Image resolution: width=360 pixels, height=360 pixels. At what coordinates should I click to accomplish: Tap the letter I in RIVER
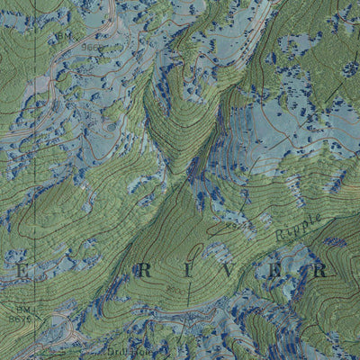188,269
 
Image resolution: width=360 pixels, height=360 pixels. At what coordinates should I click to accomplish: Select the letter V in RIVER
231,269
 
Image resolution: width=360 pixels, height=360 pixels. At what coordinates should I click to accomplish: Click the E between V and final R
275,269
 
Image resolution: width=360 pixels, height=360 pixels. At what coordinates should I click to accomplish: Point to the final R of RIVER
319,269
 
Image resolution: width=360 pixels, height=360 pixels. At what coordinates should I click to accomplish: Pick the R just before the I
144,269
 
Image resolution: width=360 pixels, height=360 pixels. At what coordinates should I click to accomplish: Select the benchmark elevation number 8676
19,319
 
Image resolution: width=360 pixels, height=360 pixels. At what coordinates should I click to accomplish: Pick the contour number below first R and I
172,290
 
